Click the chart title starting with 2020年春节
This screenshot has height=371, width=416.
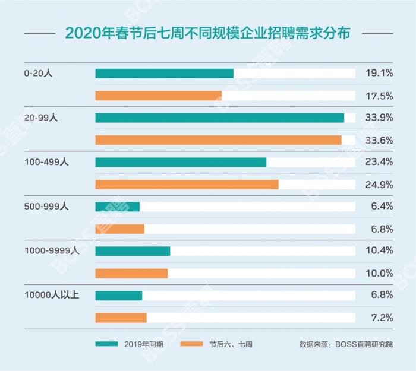pyautogui.click(x=207, y=33)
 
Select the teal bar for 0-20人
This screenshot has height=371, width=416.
pyautogui.click(x=164, y=74)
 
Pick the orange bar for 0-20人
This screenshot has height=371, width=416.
pyautogui.click(x=158, y=96)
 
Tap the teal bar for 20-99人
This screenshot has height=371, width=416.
pyautogui.click(x=219, y=118)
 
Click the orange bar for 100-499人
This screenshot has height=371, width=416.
pyautogui.click(x=187, y=185)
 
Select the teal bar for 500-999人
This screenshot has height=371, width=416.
pyautogui.click(x=117, y=207)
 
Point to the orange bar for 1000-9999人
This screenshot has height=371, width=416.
pyautogui.click(x=131, y=273)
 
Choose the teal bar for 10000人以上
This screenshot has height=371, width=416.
pyautogui.click(x=118, y=295)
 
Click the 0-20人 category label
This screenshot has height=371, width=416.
pyautogui.click(x=40, y=74)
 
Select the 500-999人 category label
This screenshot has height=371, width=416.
pyautogui.click(x=46, y=207)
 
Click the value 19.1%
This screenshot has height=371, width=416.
pyautogui.click(x=379, y=74)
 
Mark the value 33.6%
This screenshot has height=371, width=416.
pyautogui.click(x=379, y=140)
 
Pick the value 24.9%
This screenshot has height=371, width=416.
pyautogui.click(x=379, y=185)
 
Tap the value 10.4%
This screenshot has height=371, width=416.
pyautogui.click(x=379, y=251)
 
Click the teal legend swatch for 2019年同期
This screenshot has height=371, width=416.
pyautogui.click(x=106, y=344)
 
